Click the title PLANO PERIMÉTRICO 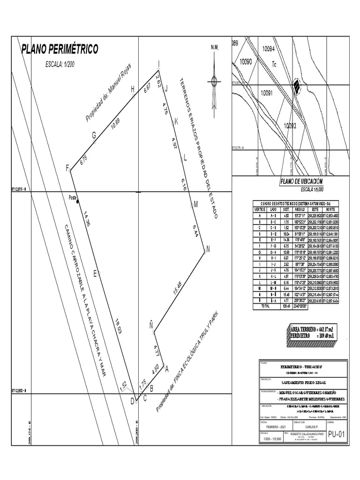point(60,49)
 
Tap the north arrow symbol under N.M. point(215,84)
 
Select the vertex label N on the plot point(208,250)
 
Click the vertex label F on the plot point(67,168)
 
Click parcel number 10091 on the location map point(267,93)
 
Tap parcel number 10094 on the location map point(269,48)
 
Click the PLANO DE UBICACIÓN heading point(301,182)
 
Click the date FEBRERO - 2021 point(276,427)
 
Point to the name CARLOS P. point(310,427)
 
